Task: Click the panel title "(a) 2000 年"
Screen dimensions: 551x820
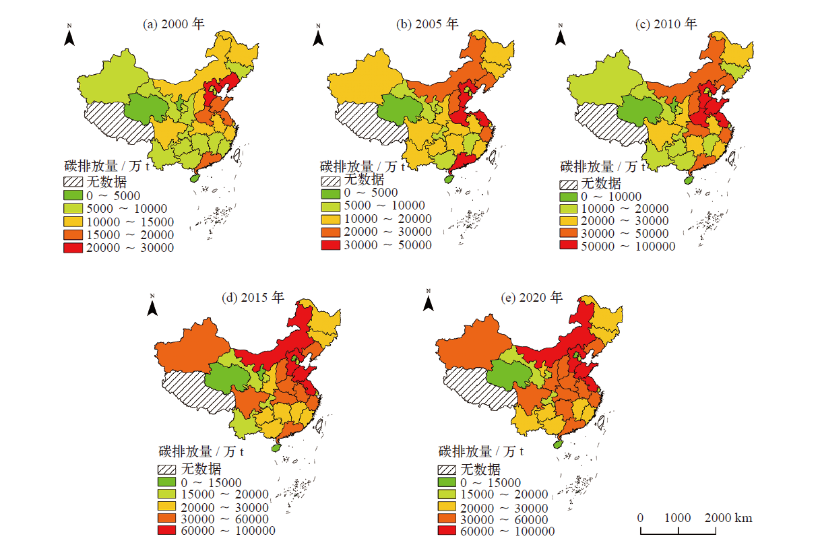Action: pyautogui.click(x=174, y=24)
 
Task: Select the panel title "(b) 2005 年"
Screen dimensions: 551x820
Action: pyautogui.click(x=427, y=24)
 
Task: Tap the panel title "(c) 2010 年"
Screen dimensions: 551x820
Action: pyautogui.click(x=667, y=24)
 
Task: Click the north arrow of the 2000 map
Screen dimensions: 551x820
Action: pyautogui.click(x=69, y=36)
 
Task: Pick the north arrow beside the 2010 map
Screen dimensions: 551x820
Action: pyautogui.click(x=560, y=36)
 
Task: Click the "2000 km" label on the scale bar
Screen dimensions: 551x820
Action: pyautogui.click(x=729, y=518)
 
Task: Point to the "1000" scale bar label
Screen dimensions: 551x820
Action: pyautogui.click(x=678, y=518)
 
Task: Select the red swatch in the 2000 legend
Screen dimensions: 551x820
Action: pyautogui.click(x=74, y=248)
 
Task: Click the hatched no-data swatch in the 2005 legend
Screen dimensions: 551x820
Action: pyautogui.click(x=331, y=181)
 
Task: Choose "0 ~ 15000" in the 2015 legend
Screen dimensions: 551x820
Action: pyautogui.click(x=211, y=482)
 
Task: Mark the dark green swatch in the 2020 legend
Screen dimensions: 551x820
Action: pyautogui.click(x=447, y=482)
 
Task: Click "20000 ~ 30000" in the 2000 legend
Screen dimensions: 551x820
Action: pyautogui.click(x=129, y=248)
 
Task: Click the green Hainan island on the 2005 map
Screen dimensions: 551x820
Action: pyautogui.click(x=447, y=178)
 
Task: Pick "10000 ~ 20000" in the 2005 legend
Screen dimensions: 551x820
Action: pyautogui.click(x=387, y=219)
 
